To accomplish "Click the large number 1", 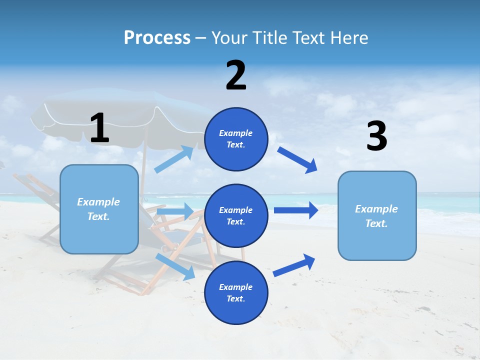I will (x=99, y=128).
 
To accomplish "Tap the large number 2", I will (x=236, y=75).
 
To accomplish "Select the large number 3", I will (x=376, y=136).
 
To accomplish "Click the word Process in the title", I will (x=157, y=37).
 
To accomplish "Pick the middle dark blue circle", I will (x=236, y=215).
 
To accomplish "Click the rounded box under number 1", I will (x=99, y=209).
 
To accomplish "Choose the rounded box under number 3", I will (x=376, y=216).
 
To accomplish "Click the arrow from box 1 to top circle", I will (x=174, y=159).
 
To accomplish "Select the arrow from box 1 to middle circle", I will (x=175, y=211).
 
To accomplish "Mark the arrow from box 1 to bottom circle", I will (x=175, y=266).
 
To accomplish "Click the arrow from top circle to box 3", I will (x=297, y=159).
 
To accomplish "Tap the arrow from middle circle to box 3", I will (x=296, y=210).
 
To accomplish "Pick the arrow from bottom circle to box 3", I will (x=294, y=265).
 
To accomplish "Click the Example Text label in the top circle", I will (x=236, y=139).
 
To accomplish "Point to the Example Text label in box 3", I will (x=376, y=216).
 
